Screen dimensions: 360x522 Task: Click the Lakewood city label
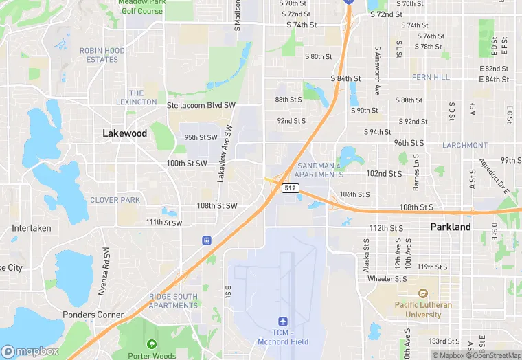(x=124, y=133)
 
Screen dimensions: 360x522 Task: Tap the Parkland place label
(x=450, y=227)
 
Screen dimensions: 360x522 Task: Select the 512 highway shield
(x=291, y=188)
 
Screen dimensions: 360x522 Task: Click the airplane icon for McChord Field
(x=282, y=322)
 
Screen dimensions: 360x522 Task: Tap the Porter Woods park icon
(x=151, y=344)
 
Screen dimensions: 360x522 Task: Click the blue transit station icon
(x=206, y=240)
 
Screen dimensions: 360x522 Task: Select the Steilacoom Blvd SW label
(x=201, y=105)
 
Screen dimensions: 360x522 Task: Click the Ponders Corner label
(x=93, y=315)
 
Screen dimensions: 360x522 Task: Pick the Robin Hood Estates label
(x=103, y=55)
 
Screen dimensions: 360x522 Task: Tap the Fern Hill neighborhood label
(x=431, y=78)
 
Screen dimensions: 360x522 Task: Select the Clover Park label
(x=115, y=200)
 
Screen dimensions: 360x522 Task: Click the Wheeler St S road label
(x=387, y=279)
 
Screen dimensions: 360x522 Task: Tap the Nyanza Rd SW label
(x=105, y=271)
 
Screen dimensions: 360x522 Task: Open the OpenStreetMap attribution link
(x=492, y=355)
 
